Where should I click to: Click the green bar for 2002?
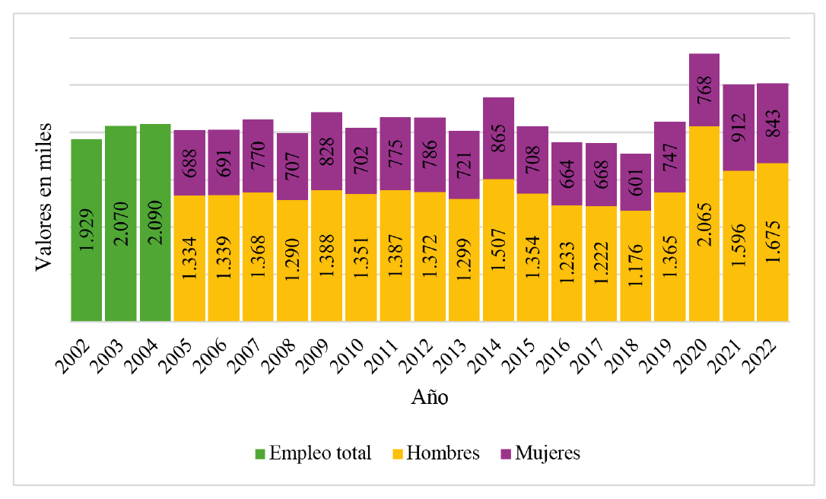point(86,230)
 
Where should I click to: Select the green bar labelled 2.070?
point(120,223)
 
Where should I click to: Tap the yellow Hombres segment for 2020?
point(704,223)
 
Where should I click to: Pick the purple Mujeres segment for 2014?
point(498,138)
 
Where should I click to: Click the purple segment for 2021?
point(738,127)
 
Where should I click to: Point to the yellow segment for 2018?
point(635,265)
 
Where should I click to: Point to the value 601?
point(636,183)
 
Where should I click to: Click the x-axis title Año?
point(430,397)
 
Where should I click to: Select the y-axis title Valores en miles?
point(45,195)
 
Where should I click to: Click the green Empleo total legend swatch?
point(259,454)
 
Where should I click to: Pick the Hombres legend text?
point(443,453)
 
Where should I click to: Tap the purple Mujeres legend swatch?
point(504,454)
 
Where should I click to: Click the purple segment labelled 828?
point(326,151)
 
